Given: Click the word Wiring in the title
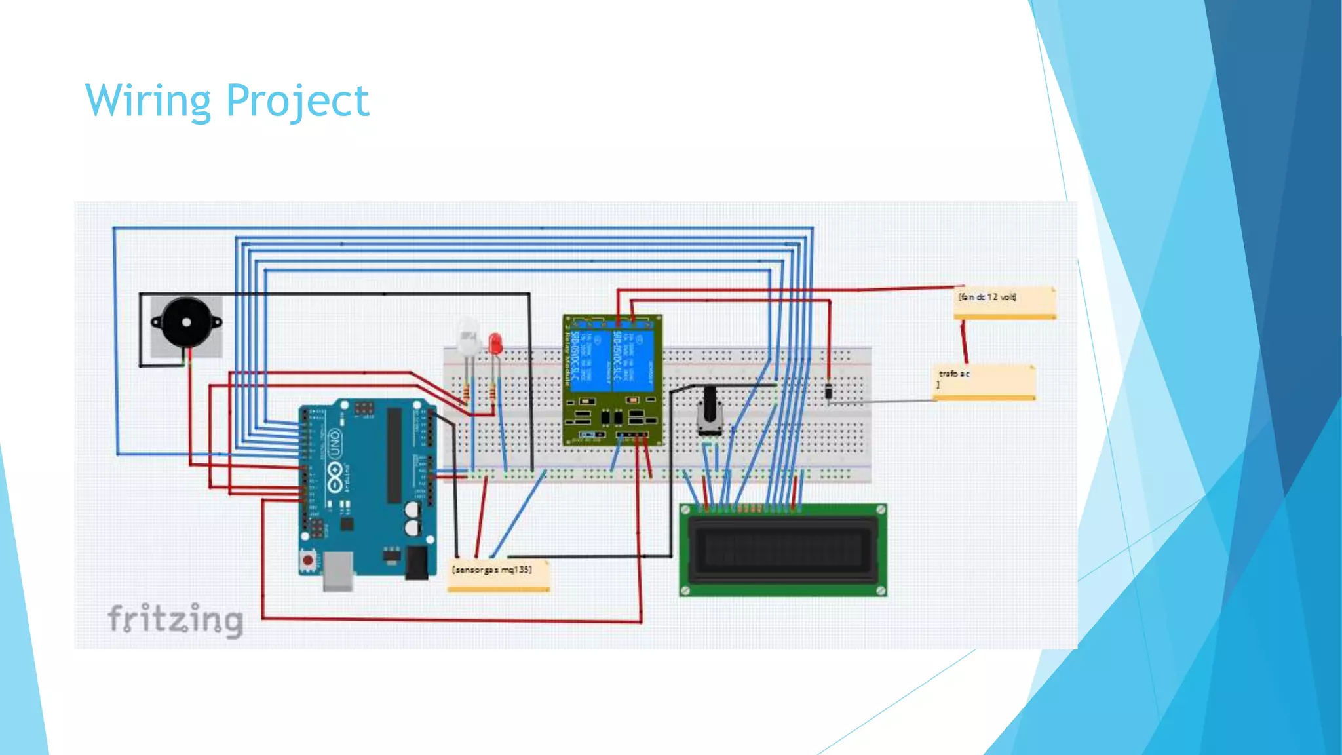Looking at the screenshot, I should [148, 101].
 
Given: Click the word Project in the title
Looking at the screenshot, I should [297, 101].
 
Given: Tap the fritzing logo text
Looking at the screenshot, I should [175, 619].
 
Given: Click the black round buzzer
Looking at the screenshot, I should [186, 322].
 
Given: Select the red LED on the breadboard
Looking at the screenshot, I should [495, 343].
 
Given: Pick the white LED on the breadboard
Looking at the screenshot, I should [468, 338].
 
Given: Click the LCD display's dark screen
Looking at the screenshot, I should [782, 549].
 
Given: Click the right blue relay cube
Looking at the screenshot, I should [633, 360].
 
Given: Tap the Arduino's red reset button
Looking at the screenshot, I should [307, 560].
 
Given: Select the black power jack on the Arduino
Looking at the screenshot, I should [416, 562].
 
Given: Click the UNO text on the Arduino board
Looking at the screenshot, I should [335, 444].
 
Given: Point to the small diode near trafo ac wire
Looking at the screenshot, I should [829, 392].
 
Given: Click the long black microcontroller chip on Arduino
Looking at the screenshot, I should [394, 456].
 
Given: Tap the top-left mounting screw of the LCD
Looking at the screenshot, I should [685, 510].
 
